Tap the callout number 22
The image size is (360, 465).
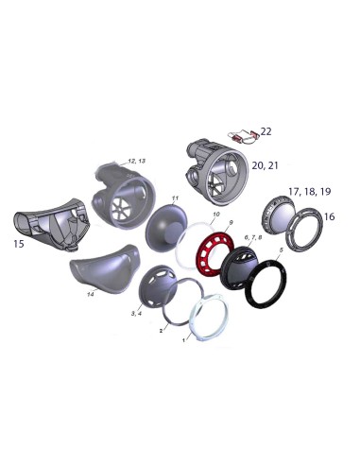pyautogui.click(x=266, y=131)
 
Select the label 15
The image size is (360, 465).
pyautogui.click(x=19, y=244)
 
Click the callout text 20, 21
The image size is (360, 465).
pyautogui.click(x=265, y=165)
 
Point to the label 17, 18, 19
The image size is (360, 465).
pyautogui.click(x=310, y=191)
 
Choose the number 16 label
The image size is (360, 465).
pyautogui.click(x=329, y=216)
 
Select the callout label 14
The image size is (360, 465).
pyautogui.click(x=91, y=295)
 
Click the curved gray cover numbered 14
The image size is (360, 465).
pyautogui.click(x=104, y=267)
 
